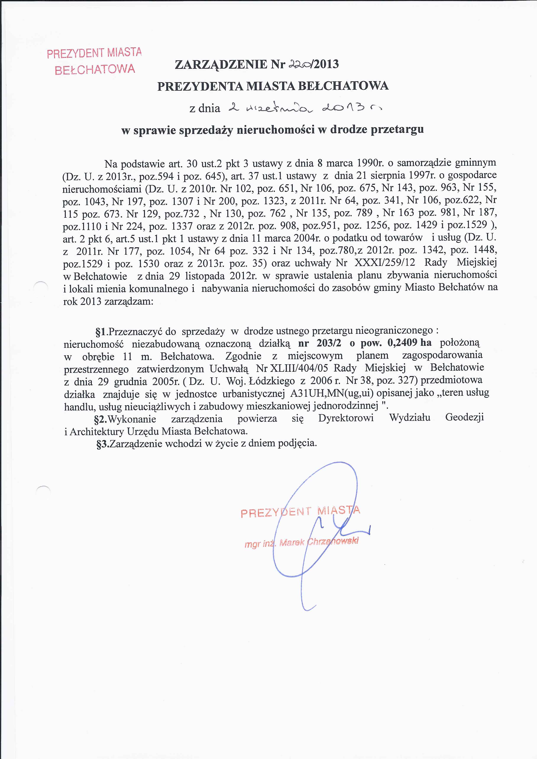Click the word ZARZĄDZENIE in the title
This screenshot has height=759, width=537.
click(x=221, y=64)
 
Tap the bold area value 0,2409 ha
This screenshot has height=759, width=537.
click(x=409, y=343)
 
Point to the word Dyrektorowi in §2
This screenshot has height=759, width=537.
click(x=346, y=418)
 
